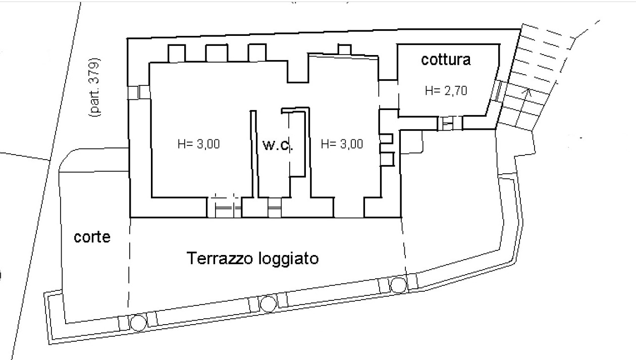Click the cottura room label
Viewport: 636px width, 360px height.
click(x=446, y=60)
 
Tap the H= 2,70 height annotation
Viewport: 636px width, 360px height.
click(x=446, y=91)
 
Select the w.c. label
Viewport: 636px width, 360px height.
click(x=277, y=146)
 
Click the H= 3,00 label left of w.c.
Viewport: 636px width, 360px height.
click(x=198, y=144)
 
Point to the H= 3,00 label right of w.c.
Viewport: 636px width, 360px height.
click(x=342, y=144)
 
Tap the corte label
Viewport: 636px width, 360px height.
click(x=92, y=237)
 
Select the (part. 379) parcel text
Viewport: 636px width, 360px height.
click(x=94, y=88)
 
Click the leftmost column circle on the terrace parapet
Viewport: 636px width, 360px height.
click(x=137, y=322)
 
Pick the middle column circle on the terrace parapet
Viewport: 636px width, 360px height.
click(x=268, y=303)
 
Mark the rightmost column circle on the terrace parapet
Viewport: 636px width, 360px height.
click(x=398, y=285)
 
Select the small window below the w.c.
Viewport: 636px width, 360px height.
click(x=274, y=207)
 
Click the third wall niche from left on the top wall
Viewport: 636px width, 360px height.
click(x=256, y=53)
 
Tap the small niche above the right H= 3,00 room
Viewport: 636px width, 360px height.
click(x=344, y=50)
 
